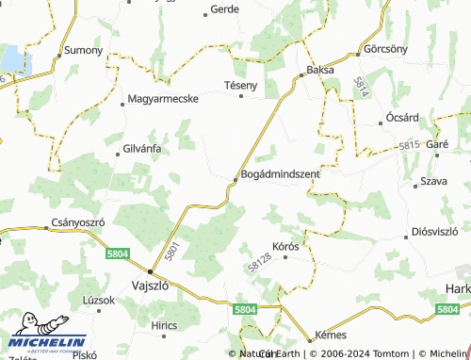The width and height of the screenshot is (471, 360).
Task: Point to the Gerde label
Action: coord(224,9)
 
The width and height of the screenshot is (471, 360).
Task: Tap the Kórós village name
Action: coord(285,246)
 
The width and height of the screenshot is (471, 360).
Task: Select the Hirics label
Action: coord(163,324)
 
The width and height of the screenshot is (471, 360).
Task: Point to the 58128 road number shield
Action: coord(260,268)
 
